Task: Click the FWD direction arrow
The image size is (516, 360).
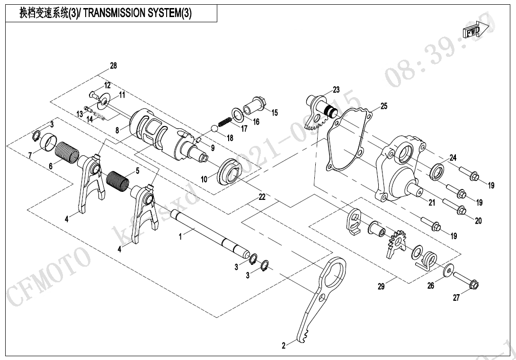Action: click(472, 32)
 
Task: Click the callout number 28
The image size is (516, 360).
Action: click(113, 66)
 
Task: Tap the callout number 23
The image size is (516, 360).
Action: click(336, 90)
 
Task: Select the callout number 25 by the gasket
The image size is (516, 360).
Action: click(383, 106)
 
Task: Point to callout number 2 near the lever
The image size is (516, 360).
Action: click(284, 346)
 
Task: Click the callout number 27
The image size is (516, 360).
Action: click(456, 298)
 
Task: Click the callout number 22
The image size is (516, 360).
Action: click(262, 197)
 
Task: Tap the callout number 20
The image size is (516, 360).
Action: click(479, 221)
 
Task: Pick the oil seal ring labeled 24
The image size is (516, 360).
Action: click(437, 171)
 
